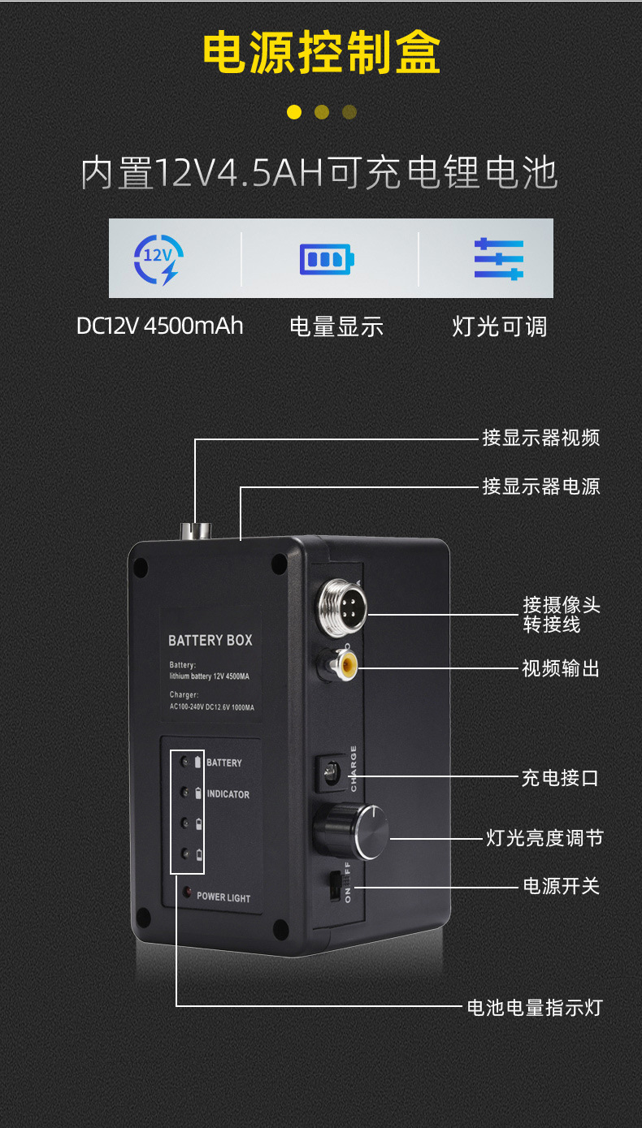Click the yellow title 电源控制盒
(x=321, y=54)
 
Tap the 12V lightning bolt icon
(x=158, y=258)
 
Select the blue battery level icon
(x=326, y=259)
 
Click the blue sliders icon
(x=499, y=259)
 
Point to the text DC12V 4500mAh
(x=159, y=326)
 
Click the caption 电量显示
(x=336, y=326)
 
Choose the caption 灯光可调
(x=499, y=326)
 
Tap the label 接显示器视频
(x=540, y=439)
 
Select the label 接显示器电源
(x=540, y=486)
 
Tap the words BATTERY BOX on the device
(x=210, y=640)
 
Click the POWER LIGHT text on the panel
(x=223, y=897)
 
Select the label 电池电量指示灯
(x=535, y=1007)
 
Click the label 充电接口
(x=560, y=778)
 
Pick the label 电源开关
(x=561, y=885)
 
